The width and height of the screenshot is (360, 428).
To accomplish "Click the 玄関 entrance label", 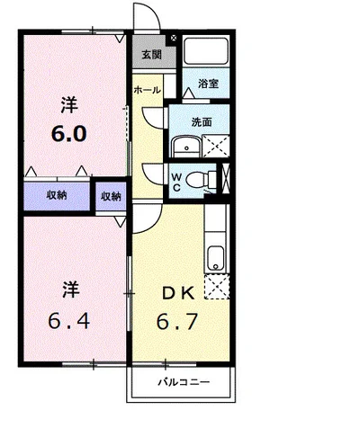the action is (152, 55).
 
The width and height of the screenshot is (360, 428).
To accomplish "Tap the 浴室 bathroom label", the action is (208, 84).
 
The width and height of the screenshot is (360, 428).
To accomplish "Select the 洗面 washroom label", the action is (202, 122).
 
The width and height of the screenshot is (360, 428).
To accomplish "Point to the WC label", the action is (175, 183).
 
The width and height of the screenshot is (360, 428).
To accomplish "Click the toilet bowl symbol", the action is (201, 181).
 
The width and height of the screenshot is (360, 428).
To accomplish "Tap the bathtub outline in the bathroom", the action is (206, 50).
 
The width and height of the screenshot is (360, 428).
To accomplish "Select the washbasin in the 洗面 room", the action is (186, 147).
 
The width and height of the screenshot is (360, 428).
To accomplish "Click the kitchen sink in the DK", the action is (215, 258).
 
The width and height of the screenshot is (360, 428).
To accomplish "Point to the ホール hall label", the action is (147, 90).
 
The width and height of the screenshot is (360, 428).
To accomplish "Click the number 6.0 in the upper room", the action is (69, 134).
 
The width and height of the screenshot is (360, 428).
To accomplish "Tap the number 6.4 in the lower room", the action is (69, 321).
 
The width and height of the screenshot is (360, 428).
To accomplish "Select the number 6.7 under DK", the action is (177, 321).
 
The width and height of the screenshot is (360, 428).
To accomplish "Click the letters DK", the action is (178, 293).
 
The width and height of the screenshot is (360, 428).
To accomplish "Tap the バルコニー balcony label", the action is (184, 382).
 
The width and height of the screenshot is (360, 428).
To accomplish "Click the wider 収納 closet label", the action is (57, 195).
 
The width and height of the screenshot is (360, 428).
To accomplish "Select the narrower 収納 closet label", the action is (111, 196).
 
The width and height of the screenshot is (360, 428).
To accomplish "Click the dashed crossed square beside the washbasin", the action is (216, 147).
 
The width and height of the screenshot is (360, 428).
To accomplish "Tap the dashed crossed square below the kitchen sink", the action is (217, 286).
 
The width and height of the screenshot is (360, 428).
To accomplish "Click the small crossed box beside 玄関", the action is (174, 38).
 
